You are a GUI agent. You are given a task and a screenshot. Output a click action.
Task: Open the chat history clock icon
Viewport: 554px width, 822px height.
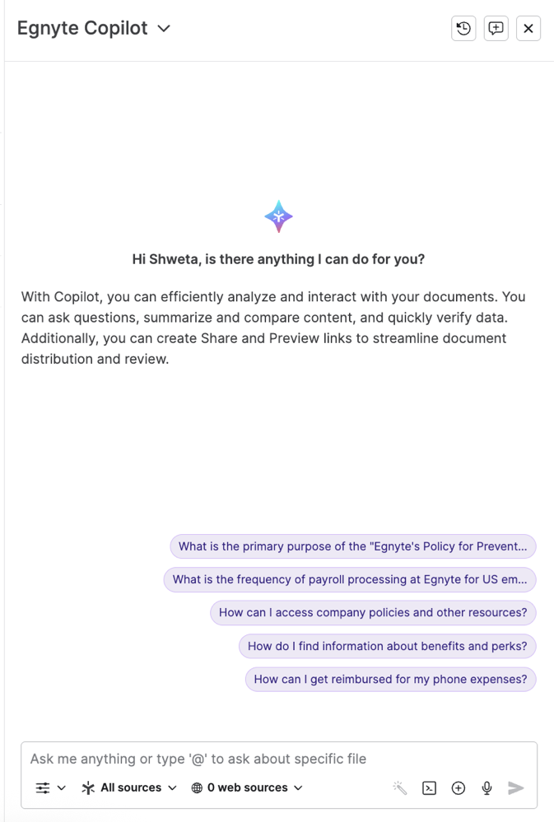463,28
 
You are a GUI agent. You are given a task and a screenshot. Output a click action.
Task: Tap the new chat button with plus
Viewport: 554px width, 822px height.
496,28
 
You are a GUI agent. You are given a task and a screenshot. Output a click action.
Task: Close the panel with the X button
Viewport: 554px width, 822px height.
528,28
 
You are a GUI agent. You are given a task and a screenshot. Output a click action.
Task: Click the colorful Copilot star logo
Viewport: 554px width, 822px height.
278,216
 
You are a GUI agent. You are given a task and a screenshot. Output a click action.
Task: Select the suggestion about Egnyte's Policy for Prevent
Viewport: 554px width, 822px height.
352,546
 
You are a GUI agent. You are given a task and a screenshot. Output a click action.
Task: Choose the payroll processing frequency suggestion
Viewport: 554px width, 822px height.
350,579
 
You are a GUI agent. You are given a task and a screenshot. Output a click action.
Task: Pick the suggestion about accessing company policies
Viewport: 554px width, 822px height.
373,612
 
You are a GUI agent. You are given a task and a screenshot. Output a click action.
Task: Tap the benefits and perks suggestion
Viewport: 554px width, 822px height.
387,646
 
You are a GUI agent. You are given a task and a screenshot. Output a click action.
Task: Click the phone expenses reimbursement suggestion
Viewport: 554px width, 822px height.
390,679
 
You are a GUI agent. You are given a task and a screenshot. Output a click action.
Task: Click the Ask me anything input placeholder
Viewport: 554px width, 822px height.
198,759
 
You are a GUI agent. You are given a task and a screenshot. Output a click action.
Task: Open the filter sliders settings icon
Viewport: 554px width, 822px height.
50,787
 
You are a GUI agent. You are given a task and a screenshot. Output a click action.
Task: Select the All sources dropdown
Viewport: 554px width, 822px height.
129,787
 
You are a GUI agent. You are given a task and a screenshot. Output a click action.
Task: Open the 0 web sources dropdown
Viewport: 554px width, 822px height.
247,787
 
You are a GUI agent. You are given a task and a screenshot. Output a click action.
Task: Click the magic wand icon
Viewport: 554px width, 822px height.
400,788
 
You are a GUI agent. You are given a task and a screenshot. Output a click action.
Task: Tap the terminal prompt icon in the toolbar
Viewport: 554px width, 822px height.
429,788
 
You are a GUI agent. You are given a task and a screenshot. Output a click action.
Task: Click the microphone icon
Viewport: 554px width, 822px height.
486,788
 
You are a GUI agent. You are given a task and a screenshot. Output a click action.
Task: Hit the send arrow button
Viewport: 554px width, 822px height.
516,788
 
